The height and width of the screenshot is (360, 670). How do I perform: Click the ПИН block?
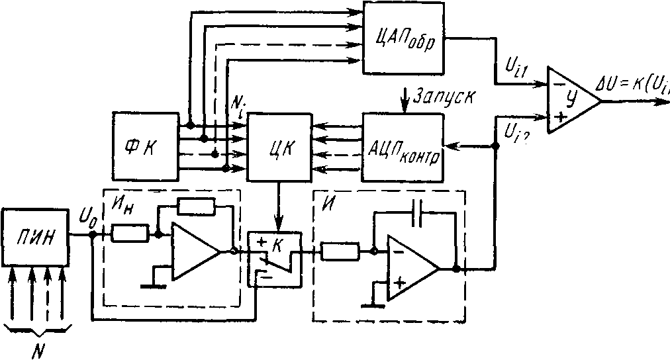(35, 238)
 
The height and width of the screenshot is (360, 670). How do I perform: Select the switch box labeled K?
(274, 258)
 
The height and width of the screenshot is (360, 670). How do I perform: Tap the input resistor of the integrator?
(340, 251)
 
